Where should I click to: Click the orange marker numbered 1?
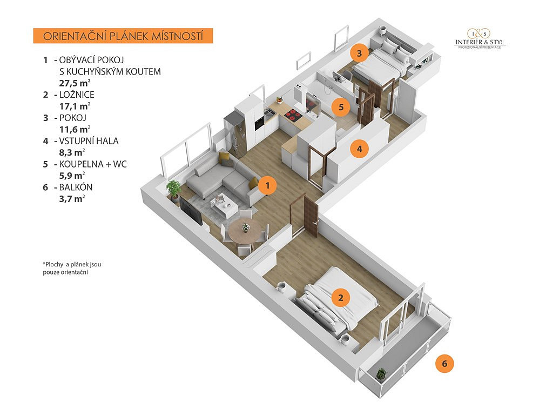point(268,185)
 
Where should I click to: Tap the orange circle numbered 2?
point(341,298)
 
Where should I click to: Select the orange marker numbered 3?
point(359,53)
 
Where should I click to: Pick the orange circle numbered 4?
point(359,149)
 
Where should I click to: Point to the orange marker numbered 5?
point(341,106)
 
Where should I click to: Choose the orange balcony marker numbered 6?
point(444,364)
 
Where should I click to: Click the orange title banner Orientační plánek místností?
point(123,36)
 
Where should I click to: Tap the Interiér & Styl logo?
point(480,38)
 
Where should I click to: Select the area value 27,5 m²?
point(75,83)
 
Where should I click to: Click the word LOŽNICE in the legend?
point(77,95)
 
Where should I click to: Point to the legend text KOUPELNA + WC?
point(93,164)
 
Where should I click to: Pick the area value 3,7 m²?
point(72,199)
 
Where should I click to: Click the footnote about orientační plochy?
point(72,268)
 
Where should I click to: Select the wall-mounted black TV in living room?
point(191,211)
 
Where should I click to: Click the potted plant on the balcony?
point(381,376)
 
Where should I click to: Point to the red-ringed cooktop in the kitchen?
point(292,115)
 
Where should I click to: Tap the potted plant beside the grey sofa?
point(173,191)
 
